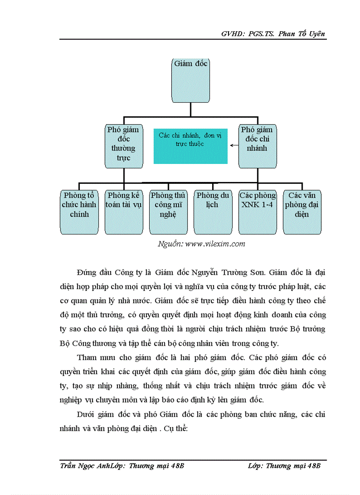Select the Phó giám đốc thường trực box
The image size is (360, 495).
pos(124,146)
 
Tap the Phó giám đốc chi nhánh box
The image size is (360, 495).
pos(256,146)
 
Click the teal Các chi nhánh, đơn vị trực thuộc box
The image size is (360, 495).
pos(190,146)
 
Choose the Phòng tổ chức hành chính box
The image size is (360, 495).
pos(79,212)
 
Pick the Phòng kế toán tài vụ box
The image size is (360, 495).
pos(124,212)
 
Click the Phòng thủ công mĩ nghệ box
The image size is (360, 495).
pos(168,212)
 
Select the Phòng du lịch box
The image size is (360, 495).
pos(213,212)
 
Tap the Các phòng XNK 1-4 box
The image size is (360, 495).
pos(257,212)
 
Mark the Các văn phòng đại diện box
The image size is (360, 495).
pos(302,212)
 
